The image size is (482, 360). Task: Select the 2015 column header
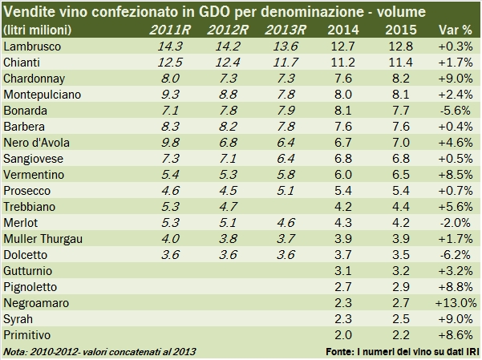click(x=400, y=30)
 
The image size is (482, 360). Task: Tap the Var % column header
click(x=454, y=30)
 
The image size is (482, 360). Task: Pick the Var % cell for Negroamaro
click(x=454, y=304)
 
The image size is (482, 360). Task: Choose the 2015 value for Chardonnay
click(x=400, y=79)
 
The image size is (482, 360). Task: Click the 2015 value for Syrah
click(x=400, y=320)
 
